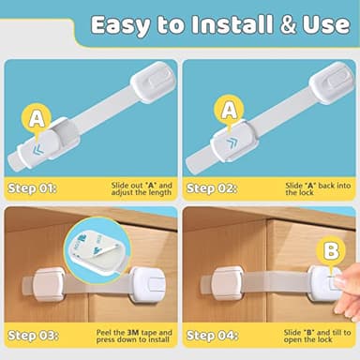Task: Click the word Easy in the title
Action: point(126,25)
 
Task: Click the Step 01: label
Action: point(32,187)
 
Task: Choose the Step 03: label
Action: point(32,335)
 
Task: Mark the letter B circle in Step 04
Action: point(330,251)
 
